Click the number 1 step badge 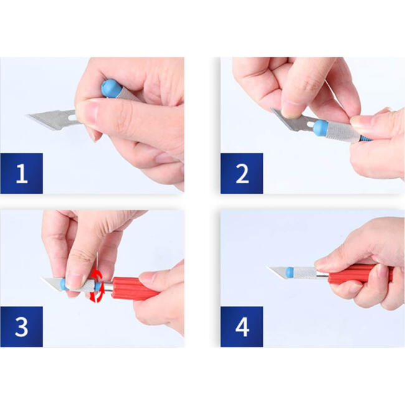tap(22, 173)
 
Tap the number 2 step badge tap(242, 173)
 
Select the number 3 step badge tap(22, 326)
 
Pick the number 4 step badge tap(242, 326)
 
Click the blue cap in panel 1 tap(111, 88)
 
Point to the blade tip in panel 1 tap(26, 115)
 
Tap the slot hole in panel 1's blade tap(73, 118)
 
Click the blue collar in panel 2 tap(320, 128)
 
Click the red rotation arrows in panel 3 tap(97, 285)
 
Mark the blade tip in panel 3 tap(42, 279)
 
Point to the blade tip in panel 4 tap(267, 267)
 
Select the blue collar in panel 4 tap(290, 273)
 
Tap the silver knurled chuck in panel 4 tap(305, 273)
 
